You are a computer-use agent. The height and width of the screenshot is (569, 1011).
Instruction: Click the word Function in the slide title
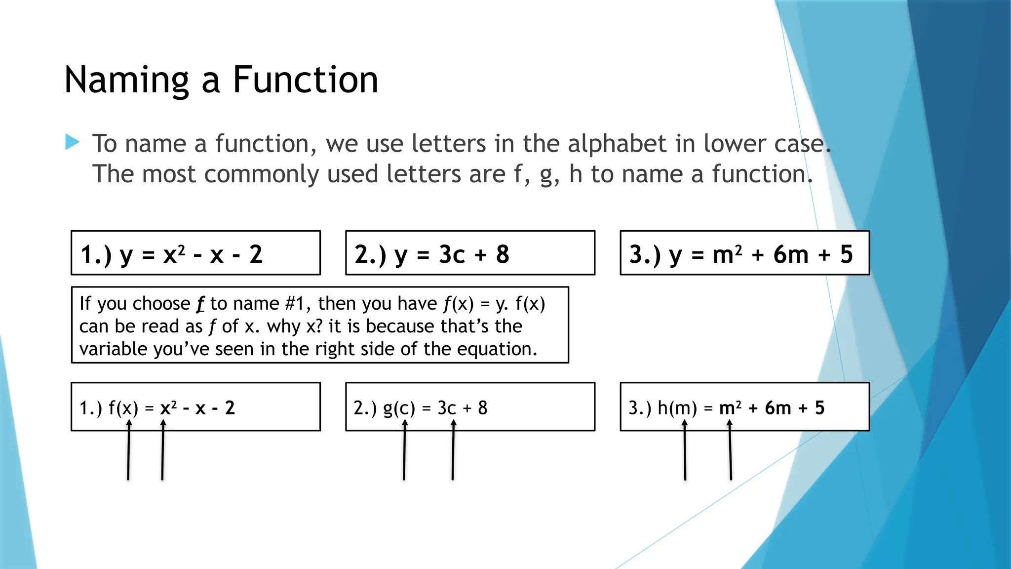[305, 80]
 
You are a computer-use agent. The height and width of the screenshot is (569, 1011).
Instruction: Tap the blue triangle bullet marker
[72, 142]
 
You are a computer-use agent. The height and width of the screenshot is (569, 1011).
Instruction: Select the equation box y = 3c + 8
[470, 253]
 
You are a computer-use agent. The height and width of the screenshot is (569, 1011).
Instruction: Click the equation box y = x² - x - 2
[195, 253]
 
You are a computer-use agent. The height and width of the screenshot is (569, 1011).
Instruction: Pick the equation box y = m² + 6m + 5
[744, 253]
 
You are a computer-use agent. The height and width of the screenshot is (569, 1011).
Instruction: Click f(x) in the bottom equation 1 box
[123, 408]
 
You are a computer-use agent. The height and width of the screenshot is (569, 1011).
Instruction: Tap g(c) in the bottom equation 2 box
[399, 408]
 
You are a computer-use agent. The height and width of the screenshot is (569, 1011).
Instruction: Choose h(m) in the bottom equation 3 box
[677, 408]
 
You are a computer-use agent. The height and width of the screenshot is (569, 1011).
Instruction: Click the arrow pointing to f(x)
[128, 449]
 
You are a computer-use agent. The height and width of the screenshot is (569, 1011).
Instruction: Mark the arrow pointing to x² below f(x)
[162, 449]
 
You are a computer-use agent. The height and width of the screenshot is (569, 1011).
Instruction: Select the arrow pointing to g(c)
[404, 449]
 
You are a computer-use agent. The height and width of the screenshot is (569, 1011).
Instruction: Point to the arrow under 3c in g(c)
[453, 449]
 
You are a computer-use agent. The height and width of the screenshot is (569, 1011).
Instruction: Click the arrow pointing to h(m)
[685, 449]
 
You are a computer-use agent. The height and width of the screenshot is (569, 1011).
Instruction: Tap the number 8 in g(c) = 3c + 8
[482, 408]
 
